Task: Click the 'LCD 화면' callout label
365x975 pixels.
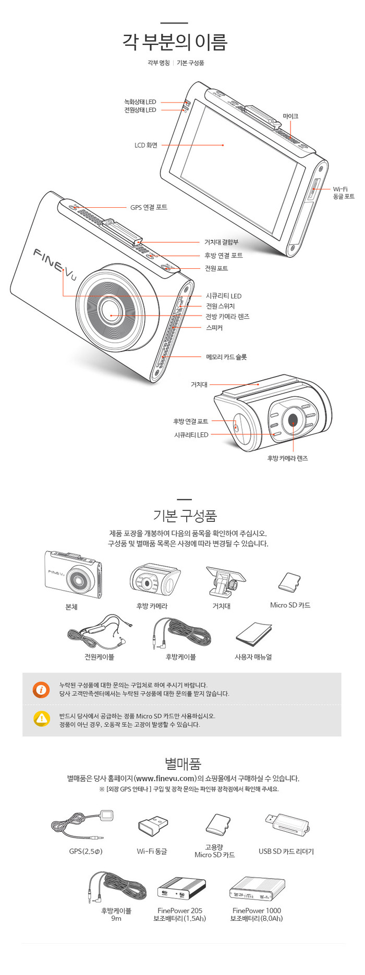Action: click(145, 145)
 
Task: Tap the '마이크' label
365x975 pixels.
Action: click(290, 116)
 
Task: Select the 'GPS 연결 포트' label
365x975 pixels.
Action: click(149, 207)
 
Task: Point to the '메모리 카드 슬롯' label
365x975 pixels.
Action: click(226, 357)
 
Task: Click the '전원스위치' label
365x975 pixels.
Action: click(220, 306)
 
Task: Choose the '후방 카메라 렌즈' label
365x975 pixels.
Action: click(287, 458)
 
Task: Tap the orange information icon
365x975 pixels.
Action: click(41, 690)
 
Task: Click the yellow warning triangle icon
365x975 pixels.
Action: click(42, 719)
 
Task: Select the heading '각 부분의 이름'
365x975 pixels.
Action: click(175, 42)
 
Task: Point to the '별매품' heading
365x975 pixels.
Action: click(183, 764)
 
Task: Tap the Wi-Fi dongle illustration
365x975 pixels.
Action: click(153, 826)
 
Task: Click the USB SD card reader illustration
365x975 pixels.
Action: click(287, 823)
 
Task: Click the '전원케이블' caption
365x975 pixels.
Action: click(99, 657)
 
